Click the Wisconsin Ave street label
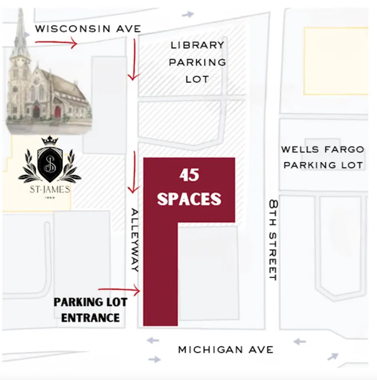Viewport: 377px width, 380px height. tap(88, 29)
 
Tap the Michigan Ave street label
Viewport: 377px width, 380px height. tap(225, 350)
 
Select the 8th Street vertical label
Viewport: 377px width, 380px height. tap(272, 240)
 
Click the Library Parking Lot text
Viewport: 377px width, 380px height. tap(197, 62)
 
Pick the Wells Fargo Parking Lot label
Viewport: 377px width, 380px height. tap(323, 157)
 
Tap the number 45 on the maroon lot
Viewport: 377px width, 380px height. tap(189, 175)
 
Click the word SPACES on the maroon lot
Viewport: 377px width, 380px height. tap(189, 198)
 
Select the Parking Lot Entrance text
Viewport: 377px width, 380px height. tap(86, 310)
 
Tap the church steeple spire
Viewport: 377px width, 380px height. tap(20, 28)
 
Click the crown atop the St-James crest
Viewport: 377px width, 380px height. tap(49, 140)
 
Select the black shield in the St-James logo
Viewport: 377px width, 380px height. tap(49, 165)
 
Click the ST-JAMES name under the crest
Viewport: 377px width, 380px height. tap(49, 190)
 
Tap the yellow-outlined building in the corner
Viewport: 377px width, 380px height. tap(336, 60)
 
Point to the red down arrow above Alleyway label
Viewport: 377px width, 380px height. tap(135, 172)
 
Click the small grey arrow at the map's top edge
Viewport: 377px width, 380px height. tap(188, 14)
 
